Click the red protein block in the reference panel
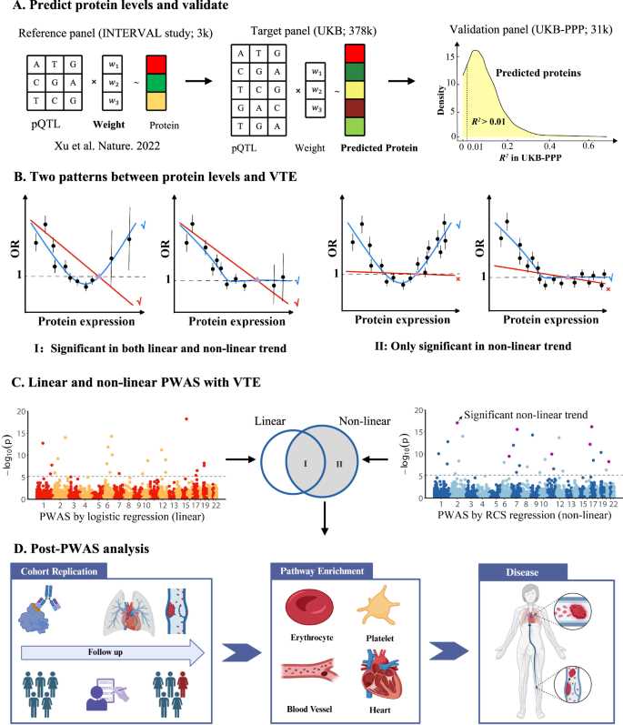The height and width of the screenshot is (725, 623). click(156, 65)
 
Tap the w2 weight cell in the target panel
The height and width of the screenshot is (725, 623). click(317, 90)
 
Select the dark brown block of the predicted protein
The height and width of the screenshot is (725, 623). click(355, 108)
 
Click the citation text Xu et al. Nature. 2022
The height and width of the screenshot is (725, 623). click(106, 146)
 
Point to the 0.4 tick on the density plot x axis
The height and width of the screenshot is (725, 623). click(549, 146)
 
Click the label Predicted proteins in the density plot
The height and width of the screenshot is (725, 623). click(538, 73)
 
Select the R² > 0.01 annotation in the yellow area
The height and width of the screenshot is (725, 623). click(488, 122)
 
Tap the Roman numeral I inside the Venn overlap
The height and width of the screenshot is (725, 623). click(305, 463)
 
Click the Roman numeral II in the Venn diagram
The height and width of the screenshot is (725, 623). click(338, 464)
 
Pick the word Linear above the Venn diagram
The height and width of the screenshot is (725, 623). click(270, 421)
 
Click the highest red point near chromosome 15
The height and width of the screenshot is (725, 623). click(186, 419)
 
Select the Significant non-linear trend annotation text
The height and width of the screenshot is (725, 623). click(526, 415)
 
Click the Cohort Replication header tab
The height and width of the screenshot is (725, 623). click(59, 571)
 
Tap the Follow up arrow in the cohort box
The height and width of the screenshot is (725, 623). click(113, 652)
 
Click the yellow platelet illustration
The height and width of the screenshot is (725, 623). click(378, 605)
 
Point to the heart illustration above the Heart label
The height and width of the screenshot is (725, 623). click(380, 676)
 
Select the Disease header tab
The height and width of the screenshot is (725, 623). click(522, 572)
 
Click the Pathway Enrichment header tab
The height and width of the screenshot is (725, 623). click(322, 571)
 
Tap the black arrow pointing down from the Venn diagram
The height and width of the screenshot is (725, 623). click(325, 519)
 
